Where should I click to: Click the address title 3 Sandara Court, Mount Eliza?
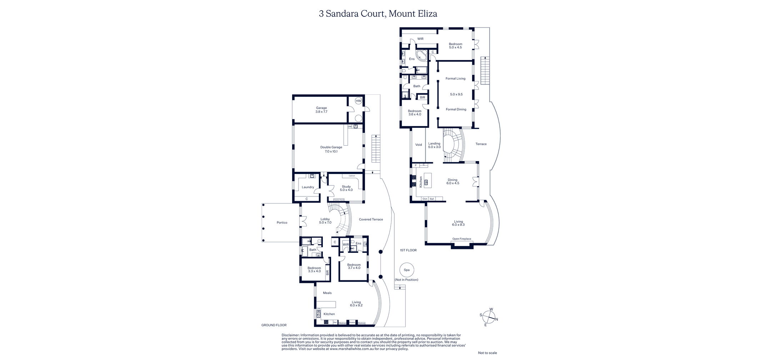378,14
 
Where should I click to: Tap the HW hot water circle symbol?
359,101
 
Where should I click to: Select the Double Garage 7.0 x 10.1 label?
331,149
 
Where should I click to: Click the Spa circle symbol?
406,270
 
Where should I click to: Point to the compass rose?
489,316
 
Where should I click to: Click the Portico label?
282,222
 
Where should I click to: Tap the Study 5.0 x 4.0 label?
346,188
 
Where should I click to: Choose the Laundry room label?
308,187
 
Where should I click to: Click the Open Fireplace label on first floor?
461,239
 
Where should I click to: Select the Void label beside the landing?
419,145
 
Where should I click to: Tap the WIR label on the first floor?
420,39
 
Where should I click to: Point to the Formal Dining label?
456,109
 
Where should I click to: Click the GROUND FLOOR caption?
274,325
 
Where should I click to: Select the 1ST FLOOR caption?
408,250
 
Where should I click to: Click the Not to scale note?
487,353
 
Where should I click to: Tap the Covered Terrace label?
371,219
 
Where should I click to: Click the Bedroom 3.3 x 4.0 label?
314,270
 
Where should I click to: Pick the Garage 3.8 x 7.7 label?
321,110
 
